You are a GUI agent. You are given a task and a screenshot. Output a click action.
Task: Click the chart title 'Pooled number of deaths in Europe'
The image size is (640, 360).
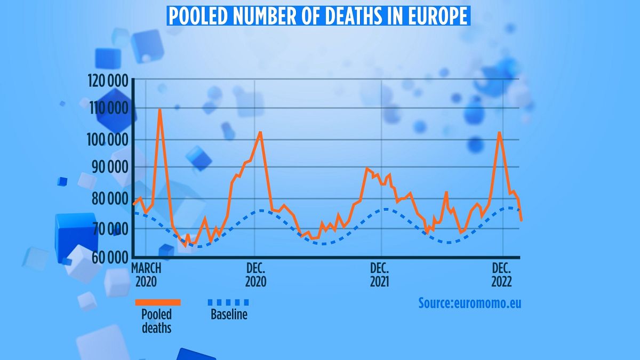click(319, 16)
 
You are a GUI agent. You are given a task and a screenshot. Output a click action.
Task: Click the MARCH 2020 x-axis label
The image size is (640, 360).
click(147, 274)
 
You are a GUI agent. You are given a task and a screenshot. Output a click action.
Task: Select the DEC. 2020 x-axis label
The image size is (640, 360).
click(255, 274)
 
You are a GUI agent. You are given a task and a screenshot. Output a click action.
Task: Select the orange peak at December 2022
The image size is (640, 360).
click(499, 132)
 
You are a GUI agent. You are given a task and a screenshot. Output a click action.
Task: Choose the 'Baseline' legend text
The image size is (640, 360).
click(229, 315)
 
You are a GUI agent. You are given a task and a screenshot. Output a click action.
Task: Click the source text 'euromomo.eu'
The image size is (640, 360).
click(487, 303)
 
